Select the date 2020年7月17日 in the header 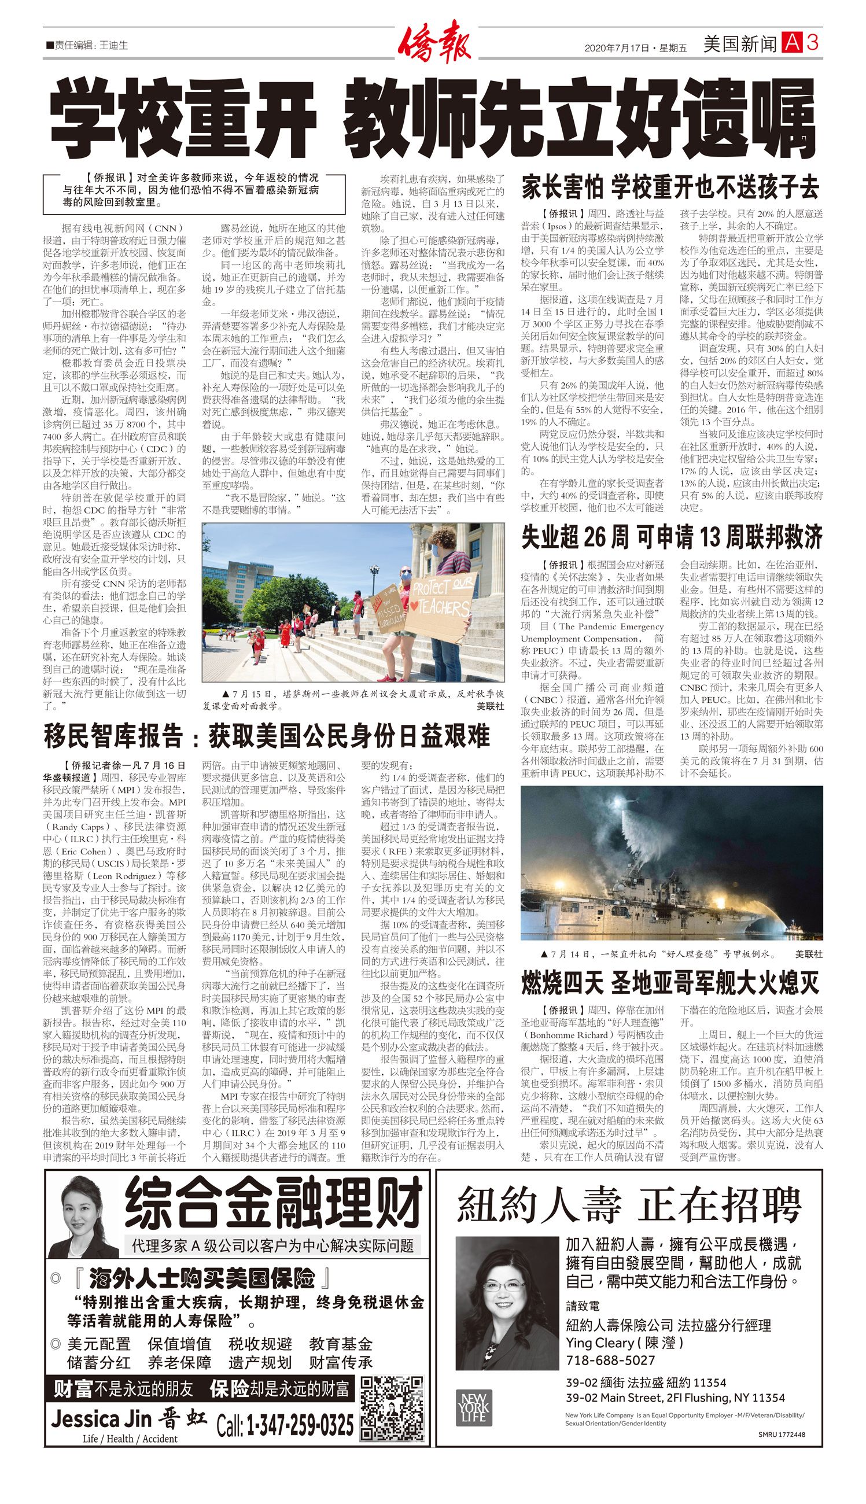pyautogui.click(x=616, y=48)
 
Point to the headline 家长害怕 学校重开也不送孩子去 pyautogui.click(x=670, y=187)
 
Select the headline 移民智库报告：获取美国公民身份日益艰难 pyautogui.click(x=267, y=736)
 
